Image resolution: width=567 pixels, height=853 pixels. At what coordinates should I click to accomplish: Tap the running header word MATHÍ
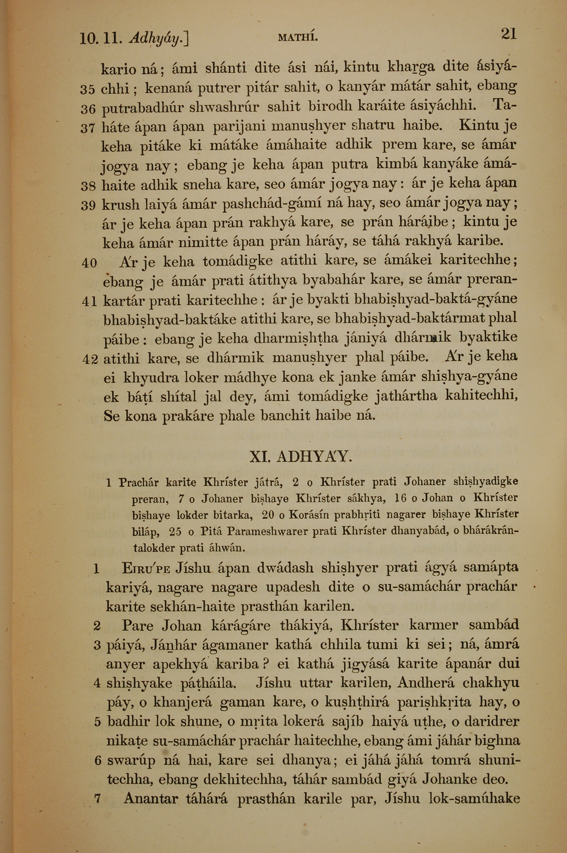tap(298, 37)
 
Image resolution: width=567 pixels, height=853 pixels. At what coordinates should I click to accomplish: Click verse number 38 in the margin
tap(88, 187)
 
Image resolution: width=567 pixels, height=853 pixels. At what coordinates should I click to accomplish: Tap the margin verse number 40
tap(89, 263)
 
